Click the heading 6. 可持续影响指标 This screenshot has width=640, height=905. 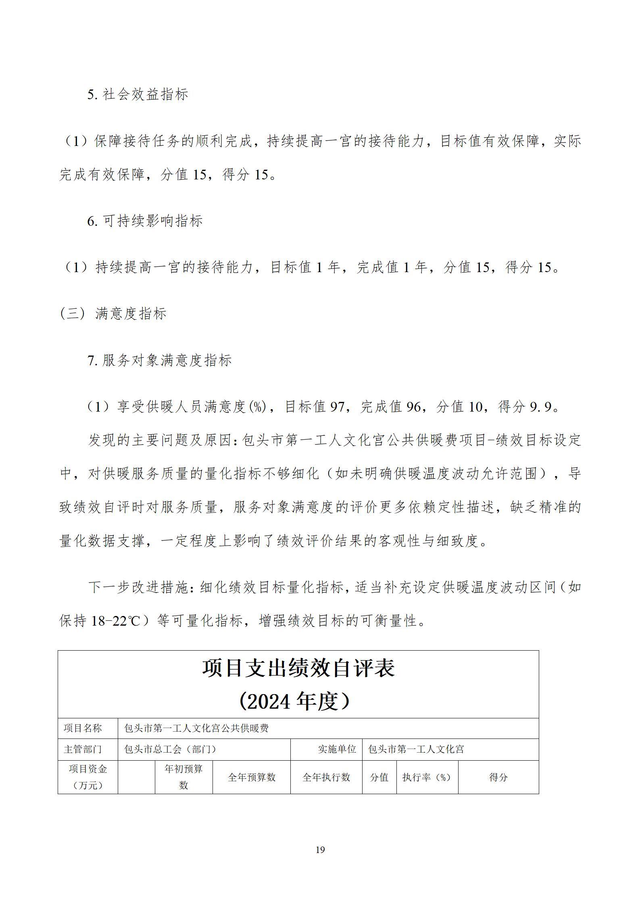[x=145, y=221]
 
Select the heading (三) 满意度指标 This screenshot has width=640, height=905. [x=113, y=314]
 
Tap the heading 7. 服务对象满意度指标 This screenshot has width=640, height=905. [x=160, y=360]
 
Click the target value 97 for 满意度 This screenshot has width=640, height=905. [x=338, y=407]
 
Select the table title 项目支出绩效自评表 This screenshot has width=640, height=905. [x=298, y=668]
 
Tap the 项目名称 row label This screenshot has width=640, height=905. [x=83, y=728]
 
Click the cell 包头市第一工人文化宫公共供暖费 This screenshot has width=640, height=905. [x=197, y=728]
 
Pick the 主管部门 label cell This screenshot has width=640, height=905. [x=83, y=749]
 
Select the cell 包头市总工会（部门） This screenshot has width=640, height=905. [x=171, y=749]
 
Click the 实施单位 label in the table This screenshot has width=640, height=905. [x=337, y=749]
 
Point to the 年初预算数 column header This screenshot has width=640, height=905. [x=183, y=777]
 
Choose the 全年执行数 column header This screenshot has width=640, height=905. [x=326, y=777]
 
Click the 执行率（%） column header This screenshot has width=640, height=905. [x=427, y=777]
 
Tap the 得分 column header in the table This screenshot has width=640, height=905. [x=498, y=777]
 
